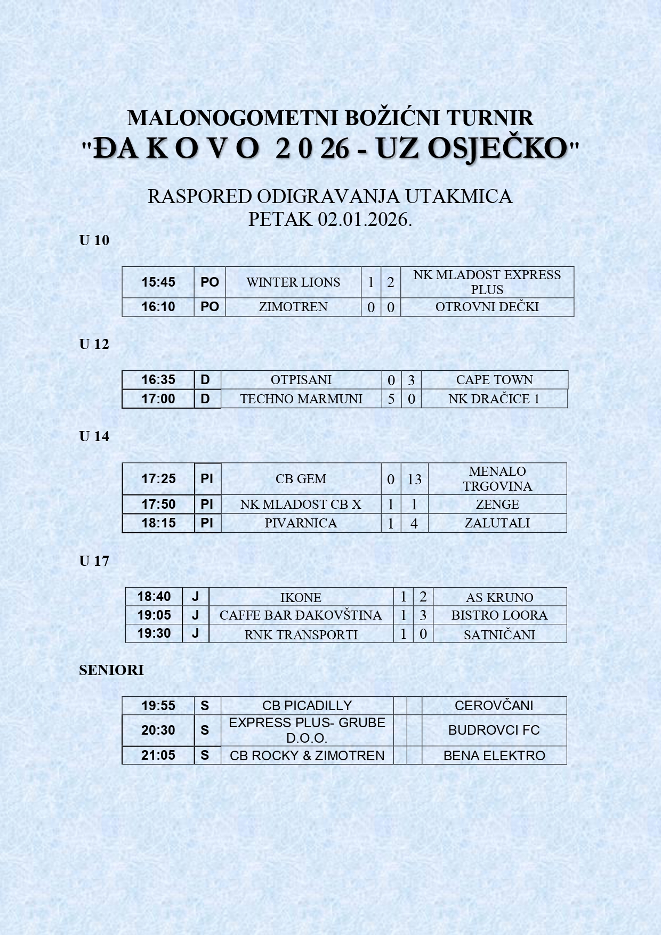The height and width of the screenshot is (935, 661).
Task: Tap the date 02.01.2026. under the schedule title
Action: click(x=365, y=219)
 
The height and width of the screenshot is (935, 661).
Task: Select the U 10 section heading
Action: click(x=94, y=240)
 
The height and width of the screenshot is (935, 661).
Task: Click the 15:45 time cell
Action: click(x=158, y=282)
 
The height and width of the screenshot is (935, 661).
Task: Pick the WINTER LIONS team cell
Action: click(x=293, y=282)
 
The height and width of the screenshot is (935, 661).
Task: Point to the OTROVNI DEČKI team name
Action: click(x=487, y=307)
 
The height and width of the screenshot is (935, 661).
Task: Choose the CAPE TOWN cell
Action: click(x=494, y=380)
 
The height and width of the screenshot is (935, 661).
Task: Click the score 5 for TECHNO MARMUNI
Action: click(x=391, y=399)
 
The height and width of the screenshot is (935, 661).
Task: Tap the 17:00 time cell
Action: click(x=158, y=399)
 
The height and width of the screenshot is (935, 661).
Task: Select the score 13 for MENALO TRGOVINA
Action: click(x=414, y=479)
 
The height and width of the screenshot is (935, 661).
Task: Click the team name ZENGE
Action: click(x=497, y=505)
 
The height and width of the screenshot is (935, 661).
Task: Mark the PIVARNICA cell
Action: click(x=301, y=523)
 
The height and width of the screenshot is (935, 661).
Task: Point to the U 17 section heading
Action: click(x=94, y=561)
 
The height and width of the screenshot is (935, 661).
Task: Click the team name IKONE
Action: click(x=301, y=598)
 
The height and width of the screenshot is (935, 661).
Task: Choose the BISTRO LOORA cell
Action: click(x=499, y=615)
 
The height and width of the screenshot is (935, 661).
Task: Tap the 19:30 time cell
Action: click(x=154, y=633)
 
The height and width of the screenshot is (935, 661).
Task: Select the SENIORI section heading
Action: click(x=111, y=670)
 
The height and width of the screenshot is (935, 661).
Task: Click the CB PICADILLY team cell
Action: click(x=307, y=706)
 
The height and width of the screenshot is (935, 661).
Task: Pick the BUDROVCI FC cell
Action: click(x=494, y=730)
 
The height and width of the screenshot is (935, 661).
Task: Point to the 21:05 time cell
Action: click(x=158, y=755)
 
